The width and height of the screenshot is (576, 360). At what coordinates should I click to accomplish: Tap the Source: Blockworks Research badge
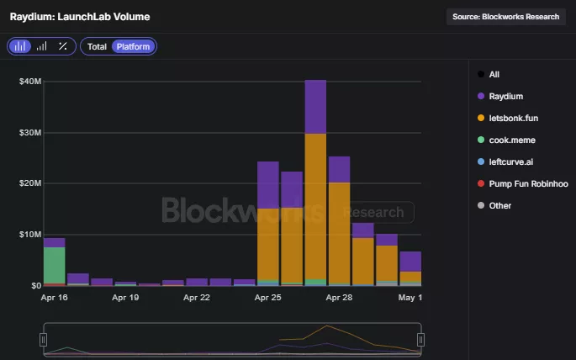(x=505, y=16)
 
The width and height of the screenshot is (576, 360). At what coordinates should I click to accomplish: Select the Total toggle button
(x=97, y=46)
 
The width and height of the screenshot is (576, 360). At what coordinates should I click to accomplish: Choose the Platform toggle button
(x=133, y=46)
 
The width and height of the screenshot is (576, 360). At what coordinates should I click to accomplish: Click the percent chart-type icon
(x=62, y=46)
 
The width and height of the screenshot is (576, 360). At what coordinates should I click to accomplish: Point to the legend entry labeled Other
(x=499, y=205)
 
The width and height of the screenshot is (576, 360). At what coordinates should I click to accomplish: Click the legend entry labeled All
(x=494, y=74)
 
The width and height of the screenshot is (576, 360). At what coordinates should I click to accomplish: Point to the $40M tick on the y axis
(x=30, y=82)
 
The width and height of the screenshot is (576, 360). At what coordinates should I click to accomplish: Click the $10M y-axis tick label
(x=30, y=235)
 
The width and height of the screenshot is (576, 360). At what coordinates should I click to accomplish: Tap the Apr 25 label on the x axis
(x=268, y=298)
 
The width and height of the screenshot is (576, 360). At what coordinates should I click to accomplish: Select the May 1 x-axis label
(x=410, y=298)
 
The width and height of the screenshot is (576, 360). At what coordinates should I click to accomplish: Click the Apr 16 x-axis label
(x=54, y=298)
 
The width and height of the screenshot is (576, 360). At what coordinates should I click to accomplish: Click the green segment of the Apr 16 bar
(x=55, y=265)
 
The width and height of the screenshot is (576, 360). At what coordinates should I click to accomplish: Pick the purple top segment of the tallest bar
(x=315, y=106)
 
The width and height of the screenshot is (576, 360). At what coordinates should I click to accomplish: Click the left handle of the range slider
(x=43, y=339)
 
